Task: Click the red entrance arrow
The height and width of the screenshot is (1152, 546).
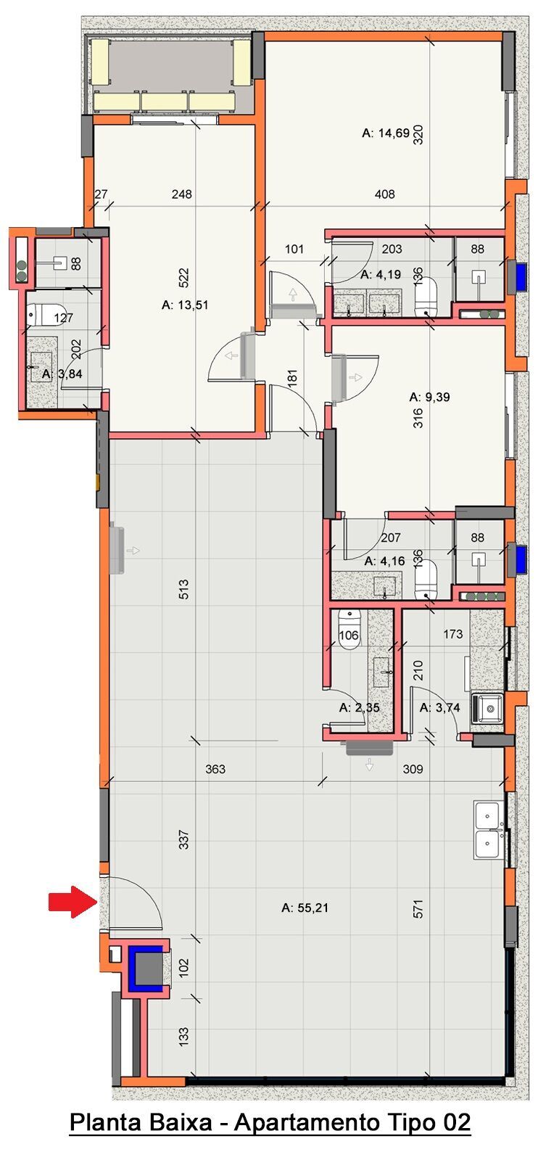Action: (73, 902)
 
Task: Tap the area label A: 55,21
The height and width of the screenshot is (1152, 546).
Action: (310, 907)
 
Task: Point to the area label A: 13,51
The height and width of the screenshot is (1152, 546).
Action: (185, 305)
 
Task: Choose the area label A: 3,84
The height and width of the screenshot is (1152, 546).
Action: (59, 374)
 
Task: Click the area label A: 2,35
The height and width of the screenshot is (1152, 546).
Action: (360, 708)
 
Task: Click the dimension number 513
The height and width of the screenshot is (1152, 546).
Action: (183, 588)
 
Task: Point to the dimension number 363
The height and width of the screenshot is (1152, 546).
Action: (215, 769)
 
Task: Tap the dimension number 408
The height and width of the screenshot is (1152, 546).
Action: (385, 194)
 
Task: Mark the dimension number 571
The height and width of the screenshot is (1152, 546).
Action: (418, 910)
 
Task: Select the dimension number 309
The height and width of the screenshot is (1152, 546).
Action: (413, 769)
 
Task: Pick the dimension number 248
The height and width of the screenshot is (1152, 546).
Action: (182, 194)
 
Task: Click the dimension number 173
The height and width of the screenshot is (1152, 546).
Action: (452, 634)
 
